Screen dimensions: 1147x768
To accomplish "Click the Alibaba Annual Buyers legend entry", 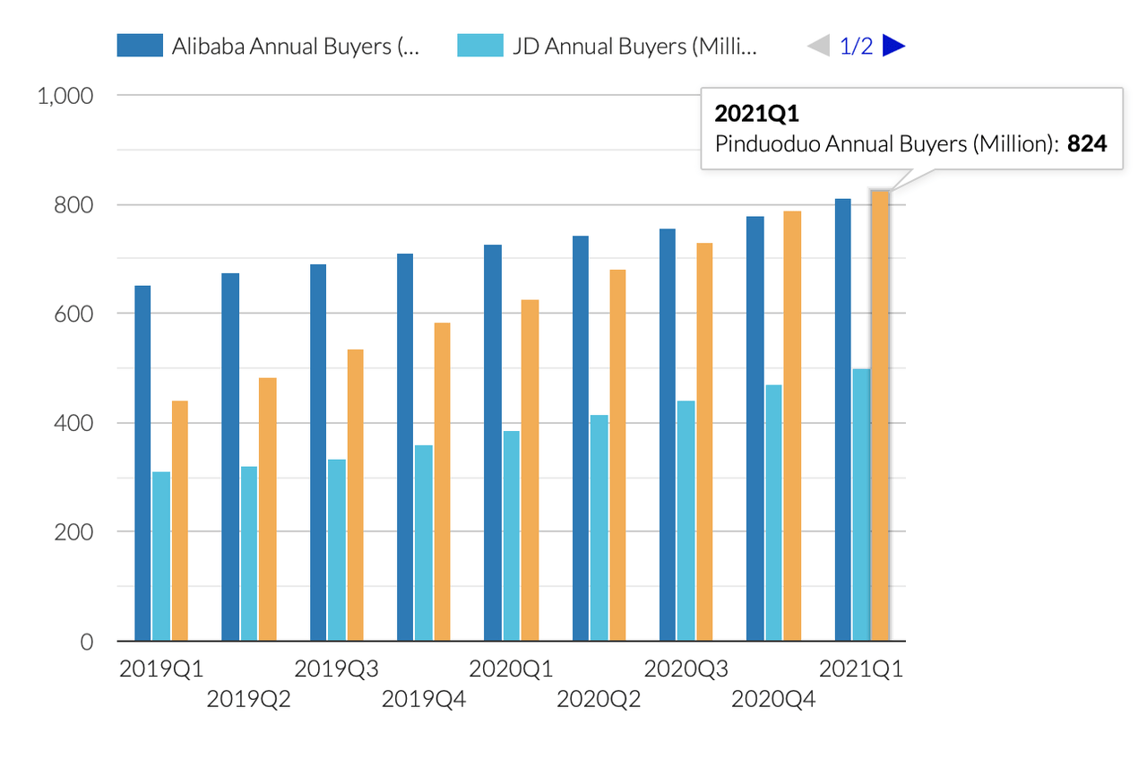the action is point(269,46).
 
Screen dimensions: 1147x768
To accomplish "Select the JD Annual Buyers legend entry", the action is point(609,46).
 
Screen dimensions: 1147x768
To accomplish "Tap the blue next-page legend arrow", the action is point(894,46).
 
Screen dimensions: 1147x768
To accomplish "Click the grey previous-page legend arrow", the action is point(819,46).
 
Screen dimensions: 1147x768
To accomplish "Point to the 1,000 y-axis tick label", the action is point(65,96).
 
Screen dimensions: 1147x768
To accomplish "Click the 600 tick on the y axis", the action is point(75,314).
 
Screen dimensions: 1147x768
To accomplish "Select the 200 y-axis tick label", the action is point(75,532).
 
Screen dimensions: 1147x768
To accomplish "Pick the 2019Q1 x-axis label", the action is point(161,669).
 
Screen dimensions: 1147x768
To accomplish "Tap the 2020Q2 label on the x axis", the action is point(599,699).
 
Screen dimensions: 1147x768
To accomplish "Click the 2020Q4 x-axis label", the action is point(773,699).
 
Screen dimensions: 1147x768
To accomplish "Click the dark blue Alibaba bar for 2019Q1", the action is point(142,463).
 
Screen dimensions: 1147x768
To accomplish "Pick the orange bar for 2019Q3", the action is point(355,495).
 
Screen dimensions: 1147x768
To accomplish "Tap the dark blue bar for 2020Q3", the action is point(668,435).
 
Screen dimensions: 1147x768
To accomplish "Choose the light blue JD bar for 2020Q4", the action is point(773,513).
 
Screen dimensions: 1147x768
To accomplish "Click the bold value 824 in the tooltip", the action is point(1087,143).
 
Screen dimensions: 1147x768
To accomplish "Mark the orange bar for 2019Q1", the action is point(180,521).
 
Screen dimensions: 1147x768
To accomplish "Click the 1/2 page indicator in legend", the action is point(856,46).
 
